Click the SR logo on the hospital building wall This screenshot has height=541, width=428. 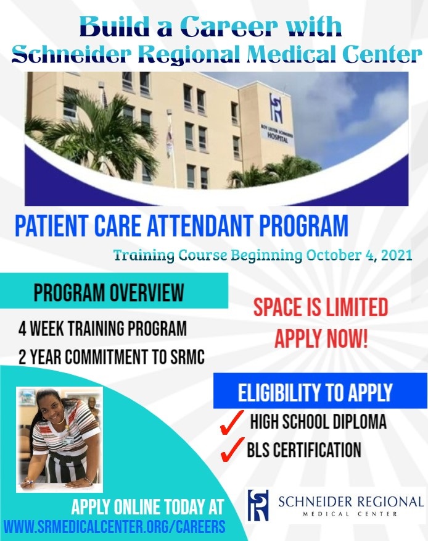point(276,108)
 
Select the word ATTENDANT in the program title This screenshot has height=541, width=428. point(200,225)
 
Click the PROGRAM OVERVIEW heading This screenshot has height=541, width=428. point(109,293)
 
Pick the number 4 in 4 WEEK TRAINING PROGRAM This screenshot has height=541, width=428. point(22,328)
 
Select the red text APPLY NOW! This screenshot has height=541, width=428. point(321,338)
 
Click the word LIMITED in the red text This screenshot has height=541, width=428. point(356,307)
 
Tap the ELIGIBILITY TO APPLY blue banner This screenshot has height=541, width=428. point(320,392)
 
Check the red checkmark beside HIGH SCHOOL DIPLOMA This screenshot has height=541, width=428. point(231,422)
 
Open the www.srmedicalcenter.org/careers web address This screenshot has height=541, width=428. point(115,527)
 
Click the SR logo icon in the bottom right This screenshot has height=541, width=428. point(258,505)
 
